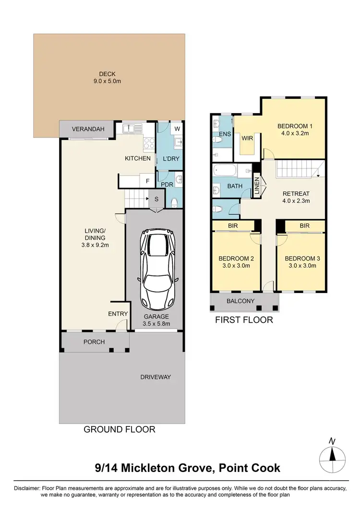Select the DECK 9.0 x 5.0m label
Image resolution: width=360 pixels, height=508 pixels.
pyautogui.click(x=108, y=78)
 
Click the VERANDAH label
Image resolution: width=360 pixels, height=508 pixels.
pyautogui.click(x=86, y=129)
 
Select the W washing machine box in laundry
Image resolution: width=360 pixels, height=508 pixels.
pyautogui.click(x=176, y=129)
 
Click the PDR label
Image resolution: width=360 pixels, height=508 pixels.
pyautogui.click(x=167, y=184)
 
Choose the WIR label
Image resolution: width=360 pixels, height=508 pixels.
pyautogui.click(x=247, y=139)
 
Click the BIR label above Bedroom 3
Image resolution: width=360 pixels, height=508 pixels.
pyautogui.click(x=304, y=225)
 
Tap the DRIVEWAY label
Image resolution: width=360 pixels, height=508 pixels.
pyautogui.click(x=155, y=377)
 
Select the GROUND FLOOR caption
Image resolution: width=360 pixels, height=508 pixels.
pyautogui.click(x=120, y=429)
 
